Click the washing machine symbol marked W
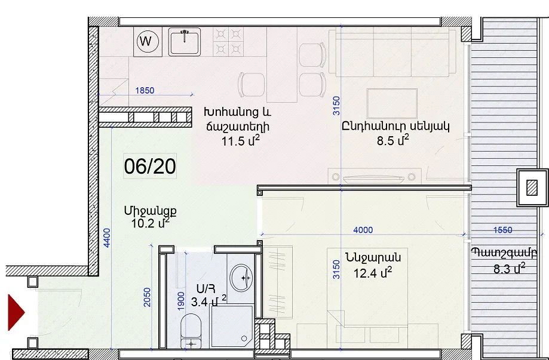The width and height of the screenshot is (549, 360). (148, 42)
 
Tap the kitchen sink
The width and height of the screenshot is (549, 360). (185, 42)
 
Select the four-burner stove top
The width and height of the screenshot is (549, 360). (228, 42)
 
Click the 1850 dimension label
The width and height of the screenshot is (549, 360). (145, 91)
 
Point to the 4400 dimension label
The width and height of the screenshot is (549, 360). (107, 238)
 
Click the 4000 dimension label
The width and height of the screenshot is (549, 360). (363, 230)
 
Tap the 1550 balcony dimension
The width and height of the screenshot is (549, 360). (502, 230)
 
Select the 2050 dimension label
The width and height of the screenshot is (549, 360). (148, 297)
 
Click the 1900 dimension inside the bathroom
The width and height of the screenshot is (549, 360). (180, 301)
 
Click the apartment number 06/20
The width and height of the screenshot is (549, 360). (150, 166)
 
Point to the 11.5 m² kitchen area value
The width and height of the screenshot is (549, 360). (241, 141)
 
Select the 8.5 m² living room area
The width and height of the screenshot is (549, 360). (393, 140)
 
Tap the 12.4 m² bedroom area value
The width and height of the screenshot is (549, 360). (373, 272)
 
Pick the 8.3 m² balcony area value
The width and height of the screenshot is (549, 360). (510, 269)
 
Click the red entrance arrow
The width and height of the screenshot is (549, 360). (16, 312)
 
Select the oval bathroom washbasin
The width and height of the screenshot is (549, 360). (241, 278)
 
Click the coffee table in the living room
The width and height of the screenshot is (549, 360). (392, 103)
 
